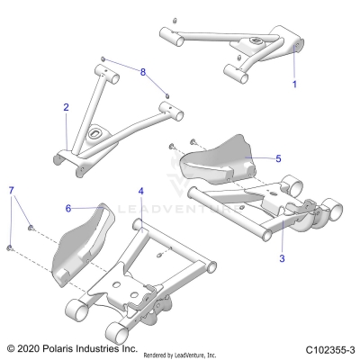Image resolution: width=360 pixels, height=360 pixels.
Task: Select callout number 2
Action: (66, 107)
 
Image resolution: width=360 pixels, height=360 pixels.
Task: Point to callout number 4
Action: (141, 192)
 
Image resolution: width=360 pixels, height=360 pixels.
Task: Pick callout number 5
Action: (278, 158)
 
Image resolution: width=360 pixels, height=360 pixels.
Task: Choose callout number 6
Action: (67, 208)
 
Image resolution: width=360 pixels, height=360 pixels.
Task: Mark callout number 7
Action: (11, 191)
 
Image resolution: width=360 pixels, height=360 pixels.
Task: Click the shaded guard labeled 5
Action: (216, 160)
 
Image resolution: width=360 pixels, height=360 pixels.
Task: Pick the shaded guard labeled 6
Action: (85, 238)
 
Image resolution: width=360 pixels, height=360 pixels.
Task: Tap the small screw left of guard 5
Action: (171, 145)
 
